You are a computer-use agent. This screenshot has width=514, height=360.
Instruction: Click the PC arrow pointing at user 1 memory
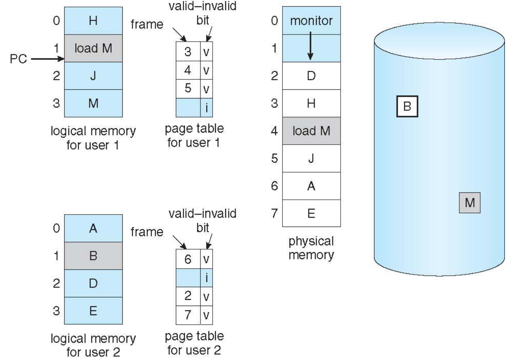(45, 59)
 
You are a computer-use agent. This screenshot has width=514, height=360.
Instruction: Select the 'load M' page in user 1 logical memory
(93, 48)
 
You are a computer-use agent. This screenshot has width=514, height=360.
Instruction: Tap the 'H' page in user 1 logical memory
(93, 21)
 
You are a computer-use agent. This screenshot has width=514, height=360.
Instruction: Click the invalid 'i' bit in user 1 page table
(207, 108)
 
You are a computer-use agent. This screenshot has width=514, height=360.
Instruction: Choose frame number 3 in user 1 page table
(188, 49)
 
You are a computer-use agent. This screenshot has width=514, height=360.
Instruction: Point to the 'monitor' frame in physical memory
(311, 21)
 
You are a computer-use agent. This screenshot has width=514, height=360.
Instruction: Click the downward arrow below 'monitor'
(311, 48)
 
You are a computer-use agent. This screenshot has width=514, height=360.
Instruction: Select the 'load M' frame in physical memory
(311, 131)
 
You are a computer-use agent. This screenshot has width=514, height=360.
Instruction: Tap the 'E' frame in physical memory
(311, 214)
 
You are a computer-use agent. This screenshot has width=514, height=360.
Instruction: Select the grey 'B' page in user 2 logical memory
(93, 255)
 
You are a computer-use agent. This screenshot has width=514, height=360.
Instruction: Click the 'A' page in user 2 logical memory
(93, 228)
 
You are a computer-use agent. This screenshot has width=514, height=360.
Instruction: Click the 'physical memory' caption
(311, 248)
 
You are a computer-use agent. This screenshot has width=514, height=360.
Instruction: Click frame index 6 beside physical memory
(274, 186)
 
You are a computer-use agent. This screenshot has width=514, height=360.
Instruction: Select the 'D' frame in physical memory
(311, 76)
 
